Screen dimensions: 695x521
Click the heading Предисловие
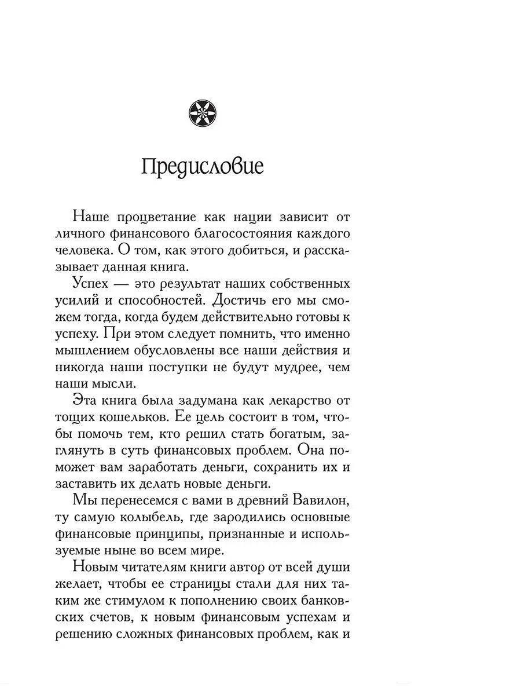tap(202, 167)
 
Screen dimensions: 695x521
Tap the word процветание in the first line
tap(153, 218)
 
